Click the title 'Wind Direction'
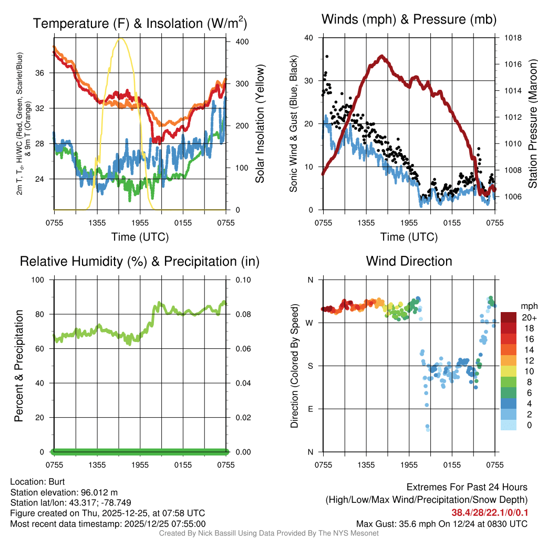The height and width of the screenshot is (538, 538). (409, 261)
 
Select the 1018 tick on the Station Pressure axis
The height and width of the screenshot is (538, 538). (512, 38)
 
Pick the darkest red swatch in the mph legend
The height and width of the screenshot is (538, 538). (509, 317)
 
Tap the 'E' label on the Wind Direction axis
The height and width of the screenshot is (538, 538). (311, 409)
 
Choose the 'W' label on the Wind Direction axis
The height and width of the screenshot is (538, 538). (311, 323)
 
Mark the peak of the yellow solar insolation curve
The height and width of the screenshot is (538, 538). (121, 38)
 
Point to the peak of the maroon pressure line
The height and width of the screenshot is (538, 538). (382, 56)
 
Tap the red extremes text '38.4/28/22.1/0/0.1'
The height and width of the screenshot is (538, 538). (489, 512)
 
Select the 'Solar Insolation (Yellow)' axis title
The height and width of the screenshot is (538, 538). (260, 124)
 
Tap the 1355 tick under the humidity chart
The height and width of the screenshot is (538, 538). (97, 464)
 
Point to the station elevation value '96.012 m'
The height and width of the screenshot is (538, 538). (100, 492)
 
